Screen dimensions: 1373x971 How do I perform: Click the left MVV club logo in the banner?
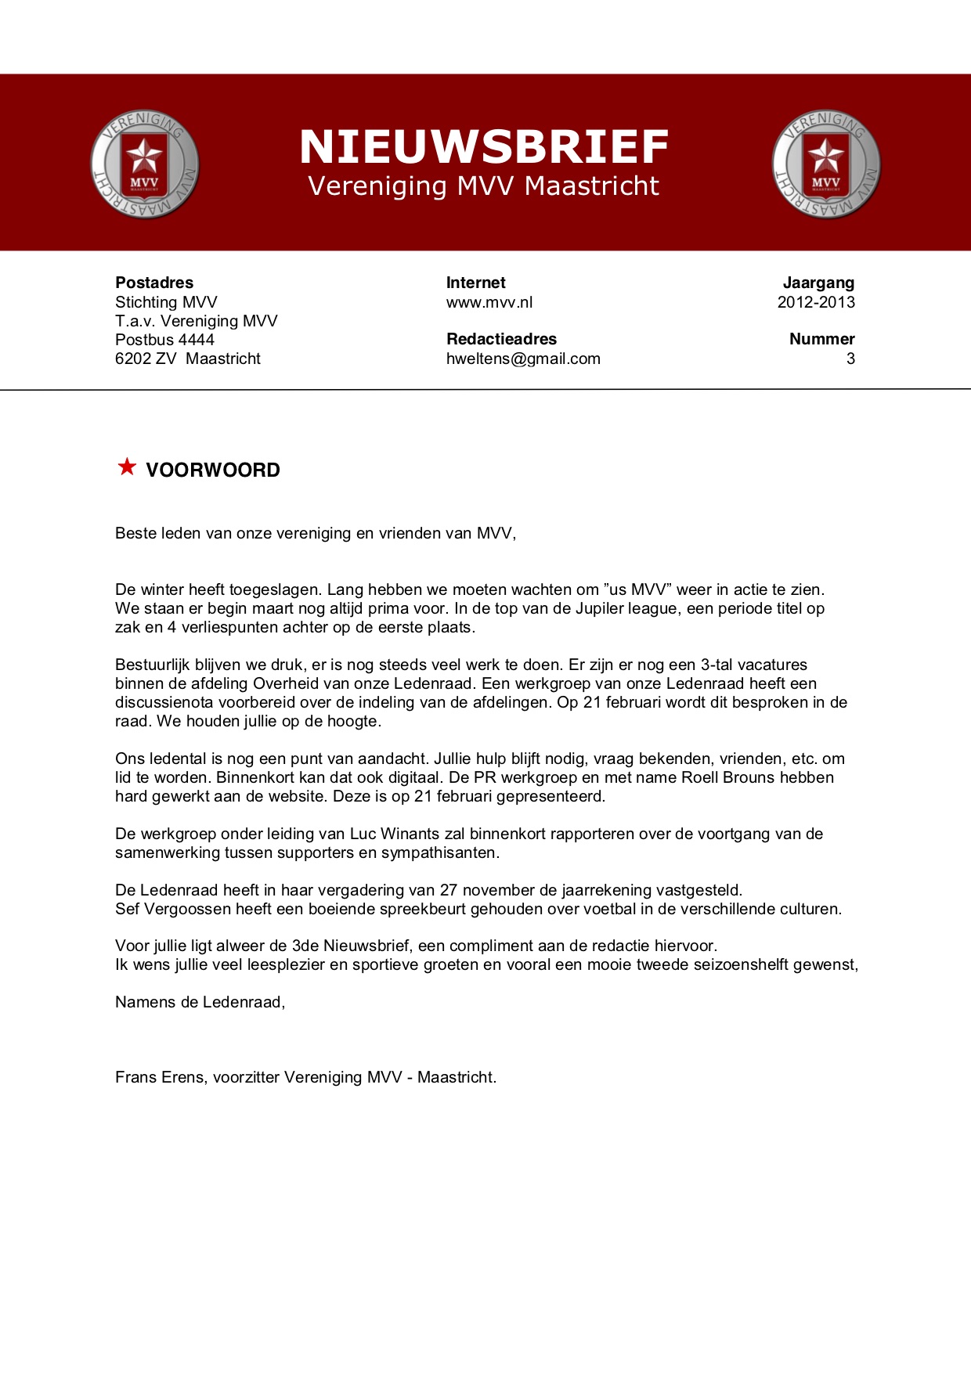pos(145,164)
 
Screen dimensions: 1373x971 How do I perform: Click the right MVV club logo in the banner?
pos(826,164)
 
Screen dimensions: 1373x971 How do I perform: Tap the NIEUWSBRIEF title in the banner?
pos(484,147)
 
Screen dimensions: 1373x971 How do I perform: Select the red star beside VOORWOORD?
pos(127,467)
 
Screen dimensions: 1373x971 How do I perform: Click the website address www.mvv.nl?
pos(489,302)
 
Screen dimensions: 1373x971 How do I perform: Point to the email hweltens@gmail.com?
pos(523,359)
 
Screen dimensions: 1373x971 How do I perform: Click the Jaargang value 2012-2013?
pos(816,302)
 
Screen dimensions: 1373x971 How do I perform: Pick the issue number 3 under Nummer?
pos(850,359)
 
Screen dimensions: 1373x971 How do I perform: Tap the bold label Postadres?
pos(154,283)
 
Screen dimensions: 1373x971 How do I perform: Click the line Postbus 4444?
pos(164,340)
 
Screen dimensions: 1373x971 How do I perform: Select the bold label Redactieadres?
pos(501,339)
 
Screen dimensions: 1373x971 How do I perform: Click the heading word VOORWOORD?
pos(213,470)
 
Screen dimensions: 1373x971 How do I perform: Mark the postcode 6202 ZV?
pos(146,359)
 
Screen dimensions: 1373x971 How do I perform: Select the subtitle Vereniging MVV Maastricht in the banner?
pos(484,186)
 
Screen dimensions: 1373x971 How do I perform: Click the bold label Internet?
pos(476,283)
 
